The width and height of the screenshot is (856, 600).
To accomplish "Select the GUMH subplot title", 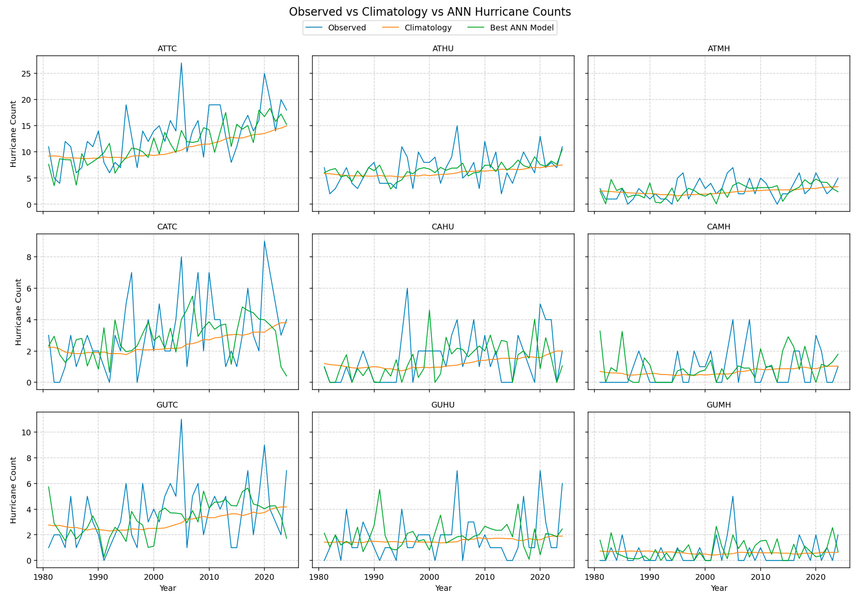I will (x=718, y=405).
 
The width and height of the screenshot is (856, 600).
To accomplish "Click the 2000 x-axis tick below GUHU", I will (x=429, y=577).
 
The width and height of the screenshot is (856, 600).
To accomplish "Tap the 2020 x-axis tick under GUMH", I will (x=815, y=577).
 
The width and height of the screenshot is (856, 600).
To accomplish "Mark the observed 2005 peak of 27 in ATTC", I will (x=181, y=63).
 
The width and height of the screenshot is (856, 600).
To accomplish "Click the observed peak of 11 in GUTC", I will (x=181, y=419).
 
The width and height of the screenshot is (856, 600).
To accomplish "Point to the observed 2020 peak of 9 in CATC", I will (x=264, y=241).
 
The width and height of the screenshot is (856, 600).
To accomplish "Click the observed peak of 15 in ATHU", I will (x=457, y=126).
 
